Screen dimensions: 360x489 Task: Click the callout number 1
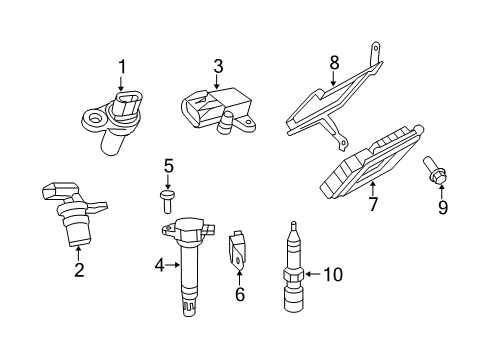point(122,67)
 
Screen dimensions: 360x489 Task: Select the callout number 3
point(217,68)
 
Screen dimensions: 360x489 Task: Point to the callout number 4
point(158,265)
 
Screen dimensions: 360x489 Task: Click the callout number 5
point(169,165)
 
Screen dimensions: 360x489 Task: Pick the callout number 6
point(240,295)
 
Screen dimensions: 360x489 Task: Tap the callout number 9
point(442,207)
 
